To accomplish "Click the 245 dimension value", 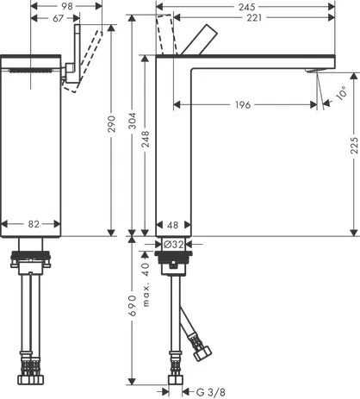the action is coord(247,6).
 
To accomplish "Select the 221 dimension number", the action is coord(254,18).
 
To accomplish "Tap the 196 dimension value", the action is coord(243,105).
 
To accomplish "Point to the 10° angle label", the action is coord(342,93).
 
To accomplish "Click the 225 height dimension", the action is coord(355,146).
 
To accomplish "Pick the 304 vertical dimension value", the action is coord(133,121).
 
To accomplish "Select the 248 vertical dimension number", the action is coord(146,139).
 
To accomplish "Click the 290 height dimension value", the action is coord(111,124).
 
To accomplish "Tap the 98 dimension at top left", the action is coord(67,6).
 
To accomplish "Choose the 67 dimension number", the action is coord(58,18).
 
